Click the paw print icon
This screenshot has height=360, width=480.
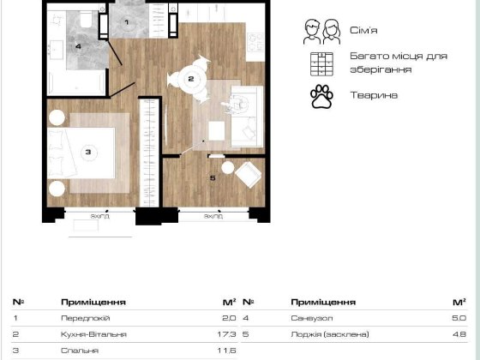tap(321, 97)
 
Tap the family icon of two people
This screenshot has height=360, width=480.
tap(321, 32)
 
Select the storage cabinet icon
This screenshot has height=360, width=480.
tap(321, 64)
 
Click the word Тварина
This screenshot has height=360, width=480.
tap(374, 95)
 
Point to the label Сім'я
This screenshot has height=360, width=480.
tap(363, 30)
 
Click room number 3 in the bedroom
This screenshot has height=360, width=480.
tap(88, 152)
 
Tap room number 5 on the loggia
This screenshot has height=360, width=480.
tap(213, 178)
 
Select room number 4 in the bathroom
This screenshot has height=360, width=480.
tap(78, 46)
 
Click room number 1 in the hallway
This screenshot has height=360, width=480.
tap(127, 22)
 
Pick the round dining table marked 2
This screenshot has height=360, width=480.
tap(191, 79)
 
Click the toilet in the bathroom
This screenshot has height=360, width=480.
tap(86, 19)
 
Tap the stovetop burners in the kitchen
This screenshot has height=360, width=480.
tap(255, 42)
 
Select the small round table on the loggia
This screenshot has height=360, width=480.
tap(228, 168)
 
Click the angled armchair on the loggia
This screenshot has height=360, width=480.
tap(249, 175)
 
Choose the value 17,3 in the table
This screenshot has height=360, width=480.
tap(226, 334)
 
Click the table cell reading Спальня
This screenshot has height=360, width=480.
tap(80, 351)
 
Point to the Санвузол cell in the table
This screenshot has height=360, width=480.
tap(312, 318)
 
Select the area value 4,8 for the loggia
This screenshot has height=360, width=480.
tap(459, 334)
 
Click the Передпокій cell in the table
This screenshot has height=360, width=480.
tap(85, 318)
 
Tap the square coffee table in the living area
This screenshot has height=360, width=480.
tap(217, 130)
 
